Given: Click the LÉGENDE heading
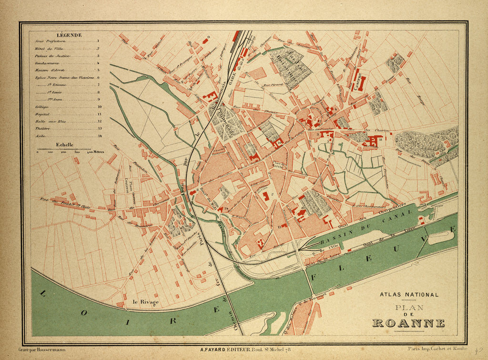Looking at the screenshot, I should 69,35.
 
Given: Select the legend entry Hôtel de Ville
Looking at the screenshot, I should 47,49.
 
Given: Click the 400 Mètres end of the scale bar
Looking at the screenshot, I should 95,153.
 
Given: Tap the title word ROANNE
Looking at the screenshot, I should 408,323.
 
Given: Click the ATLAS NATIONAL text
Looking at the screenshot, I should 409,295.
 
